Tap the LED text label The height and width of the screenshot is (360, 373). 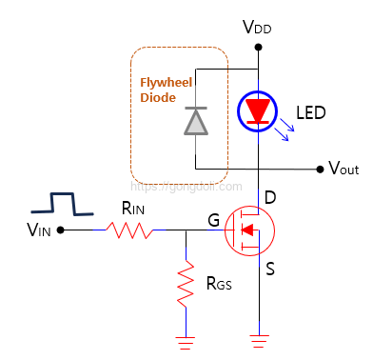(x=310, y=113)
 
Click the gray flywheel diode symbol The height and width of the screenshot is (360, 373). (x=196, y=120)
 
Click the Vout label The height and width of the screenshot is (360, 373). (x=343, y=170)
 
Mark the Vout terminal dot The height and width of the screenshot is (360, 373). (x=319, y=170)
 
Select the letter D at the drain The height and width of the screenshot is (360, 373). (x=270, y=198)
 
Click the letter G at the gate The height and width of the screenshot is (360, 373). (x=213, y=221)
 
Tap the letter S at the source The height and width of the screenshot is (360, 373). (x=270, y=270)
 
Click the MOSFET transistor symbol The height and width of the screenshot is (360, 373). (x=249, y=230)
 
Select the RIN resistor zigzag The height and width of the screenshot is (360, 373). (x=129, y=230)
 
